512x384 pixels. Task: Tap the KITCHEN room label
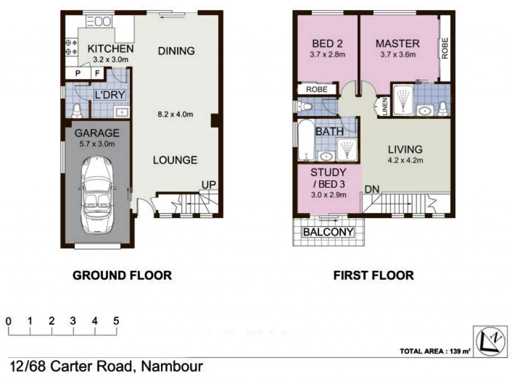pos(110,49)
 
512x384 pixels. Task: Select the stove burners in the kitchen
pos(70,47)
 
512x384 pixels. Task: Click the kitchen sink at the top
pos(102,21)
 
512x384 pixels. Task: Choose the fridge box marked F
pos(97,74)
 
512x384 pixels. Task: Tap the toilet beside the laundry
pos(76,109)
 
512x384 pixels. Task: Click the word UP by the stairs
pos(208,185)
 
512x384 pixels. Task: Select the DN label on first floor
pos(371,189)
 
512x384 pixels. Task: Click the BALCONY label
pos(328,232)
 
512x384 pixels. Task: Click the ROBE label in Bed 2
pos(316,89)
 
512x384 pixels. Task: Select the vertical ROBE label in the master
pos(444,48)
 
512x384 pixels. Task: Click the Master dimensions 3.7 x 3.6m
pos(397,55)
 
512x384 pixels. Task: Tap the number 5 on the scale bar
pos(116,321)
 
